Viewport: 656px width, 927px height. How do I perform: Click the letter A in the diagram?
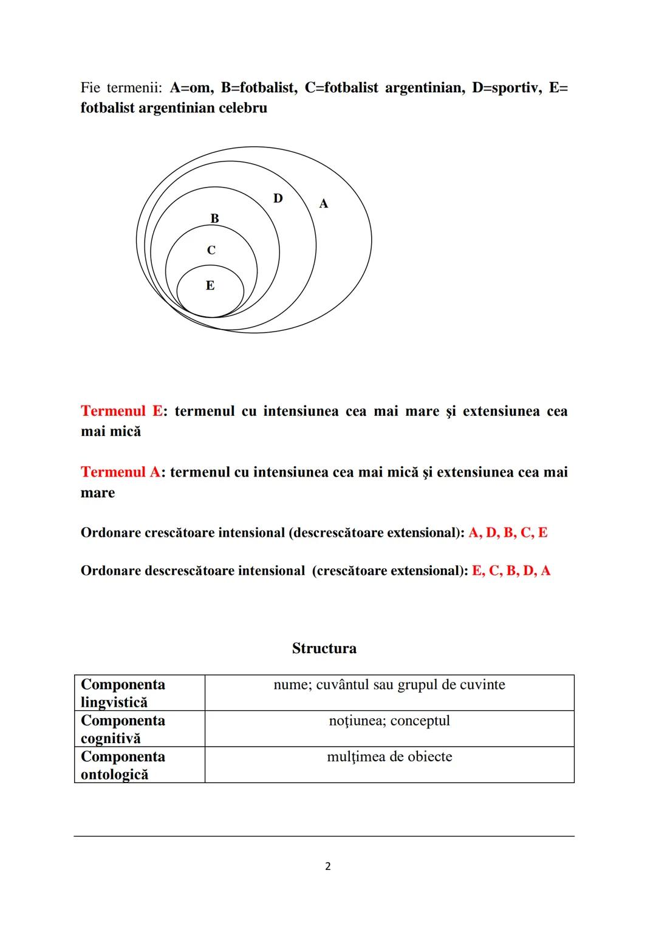(x=324, y=204)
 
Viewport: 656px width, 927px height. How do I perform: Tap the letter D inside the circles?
(x=278, y=199)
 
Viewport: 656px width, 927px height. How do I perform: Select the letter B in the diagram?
(x=214, y=219)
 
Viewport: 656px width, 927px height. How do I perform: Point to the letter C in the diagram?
(x=211, y=250)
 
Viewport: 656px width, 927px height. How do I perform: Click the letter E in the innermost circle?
(x=210, y=285)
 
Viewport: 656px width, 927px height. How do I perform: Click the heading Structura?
(x=324, y=648)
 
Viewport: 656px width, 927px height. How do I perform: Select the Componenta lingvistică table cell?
(x=123, y=693)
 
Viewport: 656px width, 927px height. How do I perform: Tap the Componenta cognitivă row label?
(x=123, y=729)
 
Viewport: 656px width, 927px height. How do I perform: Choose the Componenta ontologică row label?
(x=123, y=765)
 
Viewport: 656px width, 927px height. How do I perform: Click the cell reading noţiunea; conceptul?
(x=389, y=721)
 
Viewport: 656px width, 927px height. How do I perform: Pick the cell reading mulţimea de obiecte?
(x=389, y=757)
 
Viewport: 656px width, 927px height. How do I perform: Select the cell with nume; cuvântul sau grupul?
(x=389, y=685)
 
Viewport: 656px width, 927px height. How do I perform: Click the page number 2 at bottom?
(x=328, y=866)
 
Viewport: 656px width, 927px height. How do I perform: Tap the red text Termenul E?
(x=121, y=411)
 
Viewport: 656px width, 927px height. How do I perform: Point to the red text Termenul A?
(x=121, y=472)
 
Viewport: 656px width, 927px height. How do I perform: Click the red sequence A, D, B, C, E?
(x=508, y=533)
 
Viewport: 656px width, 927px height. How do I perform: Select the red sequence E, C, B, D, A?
(x=511, y=571)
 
